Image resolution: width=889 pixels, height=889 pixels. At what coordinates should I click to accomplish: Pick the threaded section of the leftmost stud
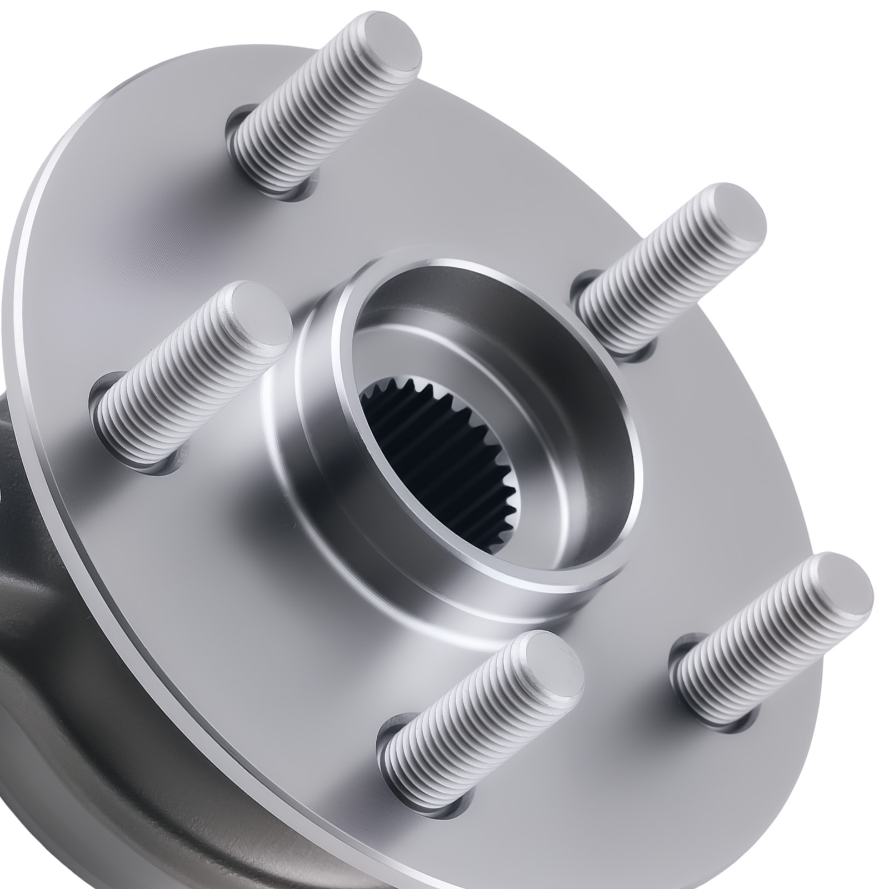178,389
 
